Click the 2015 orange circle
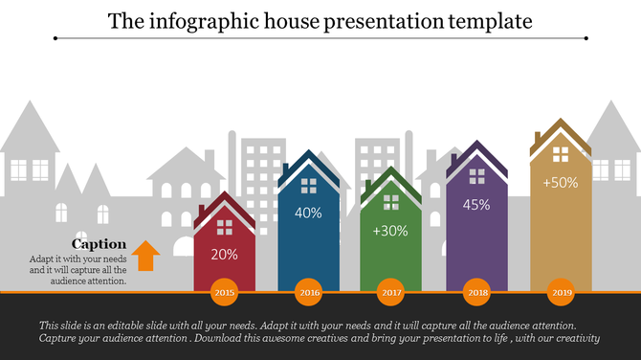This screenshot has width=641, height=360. (225, 292)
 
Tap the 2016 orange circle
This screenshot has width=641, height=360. (308, 292)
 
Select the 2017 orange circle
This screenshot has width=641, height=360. (391, 292)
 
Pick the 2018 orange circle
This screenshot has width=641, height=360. (475, 292)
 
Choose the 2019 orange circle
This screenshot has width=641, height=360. (560, 292)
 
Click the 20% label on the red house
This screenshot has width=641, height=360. (225, 255)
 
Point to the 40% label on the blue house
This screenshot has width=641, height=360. (308, 214)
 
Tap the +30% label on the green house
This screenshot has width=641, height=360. (391, 231)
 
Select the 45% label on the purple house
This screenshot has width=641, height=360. (476, 204)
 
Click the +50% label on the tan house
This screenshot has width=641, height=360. (560, 183)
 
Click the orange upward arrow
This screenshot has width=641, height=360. (145, 256)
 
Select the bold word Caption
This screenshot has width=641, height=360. (99, 244)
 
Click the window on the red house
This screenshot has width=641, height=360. (225, 227)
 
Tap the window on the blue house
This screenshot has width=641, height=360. (309, 185)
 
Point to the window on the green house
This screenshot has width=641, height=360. (391, 202)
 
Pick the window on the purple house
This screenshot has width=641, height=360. (476, 175)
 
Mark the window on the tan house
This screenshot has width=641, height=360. (561, 153)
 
